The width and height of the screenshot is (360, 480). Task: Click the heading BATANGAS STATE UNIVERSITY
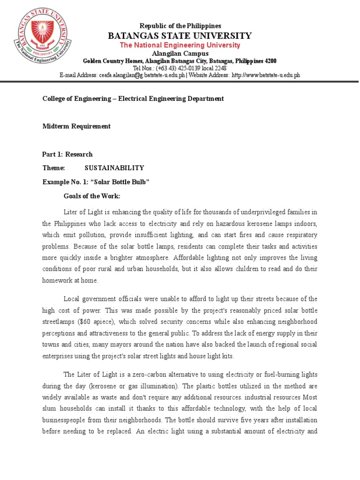point(180,36)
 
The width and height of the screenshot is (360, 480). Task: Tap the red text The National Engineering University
point(180,45)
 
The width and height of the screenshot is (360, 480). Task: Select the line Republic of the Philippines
point(180,26)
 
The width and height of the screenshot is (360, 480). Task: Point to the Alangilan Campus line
point(180,53)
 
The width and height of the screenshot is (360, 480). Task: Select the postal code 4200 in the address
point(270,61)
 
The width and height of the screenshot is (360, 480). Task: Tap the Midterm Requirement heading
point(76,126)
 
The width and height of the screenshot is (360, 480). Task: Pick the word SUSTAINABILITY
point(114,168)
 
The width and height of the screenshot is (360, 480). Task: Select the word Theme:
point(53,168)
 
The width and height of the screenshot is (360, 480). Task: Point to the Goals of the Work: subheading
point(92,195)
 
